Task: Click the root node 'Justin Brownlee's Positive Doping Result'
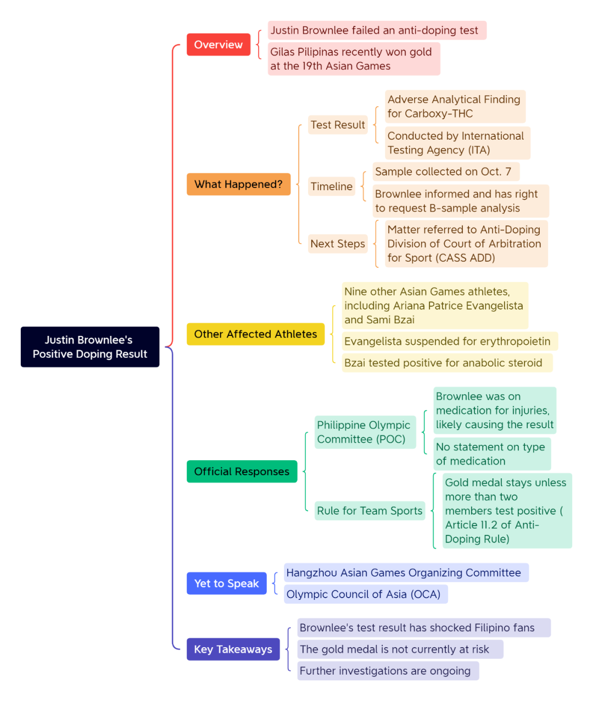pyautogui.click(x=89, y=346)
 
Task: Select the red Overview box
pyautogui.click(x=219, y=45)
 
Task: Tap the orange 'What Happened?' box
pyautogui.click(x=238, y=184)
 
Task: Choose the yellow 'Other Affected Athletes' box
pyautogui.click(x=255, y=334)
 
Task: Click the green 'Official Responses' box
pyautogui.click(x=242, y=471)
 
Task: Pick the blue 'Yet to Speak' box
pyautogui.click(x=227, y=583)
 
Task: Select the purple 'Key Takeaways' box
pyautogui.click(x=233, y=649)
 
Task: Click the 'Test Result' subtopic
pyautogui.click(x=338, y=125)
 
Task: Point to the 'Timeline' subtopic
pyautogui.click(x=332, y=186)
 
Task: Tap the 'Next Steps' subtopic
pyautogui.click(x=338, y=244)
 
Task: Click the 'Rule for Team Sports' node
pyautogui.click(x=370, y=510)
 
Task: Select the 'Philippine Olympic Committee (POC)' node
pyautogui.click(x=365, y=432)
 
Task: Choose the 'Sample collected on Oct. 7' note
pyautogui.click(x=446, y=172)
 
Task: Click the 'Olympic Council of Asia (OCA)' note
pyautogui.click(x=366, y=594)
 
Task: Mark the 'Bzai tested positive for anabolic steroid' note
pyautogui.click(x=447, y=363)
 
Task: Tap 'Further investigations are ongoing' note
pyautogui.click(x=388, y=671)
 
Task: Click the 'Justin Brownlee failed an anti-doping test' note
pyautogui.click(x=377, y=30)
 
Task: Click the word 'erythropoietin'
pyautogui.click(x=515, y=341)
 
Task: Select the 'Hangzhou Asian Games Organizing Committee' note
pyautogui.click(x=406, y=572)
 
